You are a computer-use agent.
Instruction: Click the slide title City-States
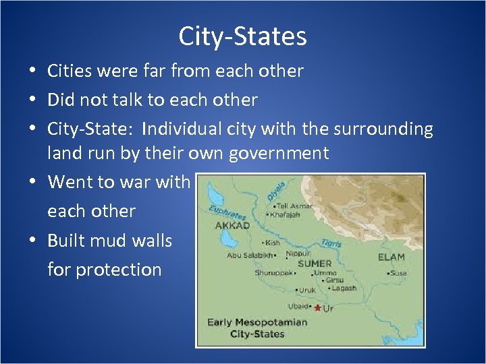click(242, 36)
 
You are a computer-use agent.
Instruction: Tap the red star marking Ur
click(317, 307)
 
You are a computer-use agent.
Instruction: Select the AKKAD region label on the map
click(233, 225)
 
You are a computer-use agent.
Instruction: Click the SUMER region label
click(315, 263)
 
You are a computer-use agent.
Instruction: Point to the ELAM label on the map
click(391, 257)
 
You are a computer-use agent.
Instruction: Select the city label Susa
click(399, 273)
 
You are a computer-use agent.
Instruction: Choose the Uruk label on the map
click(308, 291)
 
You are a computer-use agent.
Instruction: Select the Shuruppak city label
click(273, 273)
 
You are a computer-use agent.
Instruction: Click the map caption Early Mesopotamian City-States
click(256, 328)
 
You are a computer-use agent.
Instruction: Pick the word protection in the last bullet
click(119, 270)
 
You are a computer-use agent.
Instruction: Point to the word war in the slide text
click(138, 182)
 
